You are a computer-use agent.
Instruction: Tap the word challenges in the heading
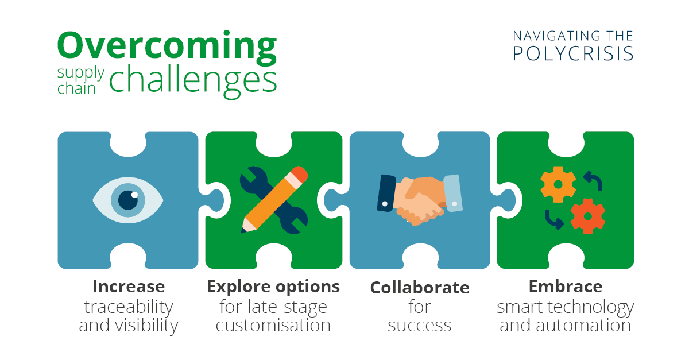click(x=193, y=81)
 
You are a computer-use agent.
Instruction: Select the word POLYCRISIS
click(x=573, y=53)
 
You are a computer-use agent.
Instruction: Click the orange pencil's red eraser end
click(x=299, y=174)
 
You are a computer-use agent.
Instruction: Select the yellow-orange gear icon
click(x=558, y=184)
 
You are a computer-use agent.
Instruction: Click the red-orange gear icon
click(x=588, y=216)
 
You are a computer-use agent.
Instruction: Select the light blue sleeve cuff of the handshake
click(x=453, y=193)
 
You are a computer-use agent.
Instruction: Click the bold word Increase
click(x=129, y=287)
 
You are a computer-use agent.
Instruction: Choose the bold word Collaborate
click(x=420, y=288)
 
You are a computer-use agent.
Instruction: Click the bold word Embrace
click(x=566, y=287)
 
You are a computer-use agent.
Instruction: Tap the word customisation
click(x=273, y=325)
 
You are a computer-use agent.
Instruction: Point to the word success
click(x=420, y=326)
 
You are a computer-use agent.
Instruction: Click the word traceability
click(x=129, y=307)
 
